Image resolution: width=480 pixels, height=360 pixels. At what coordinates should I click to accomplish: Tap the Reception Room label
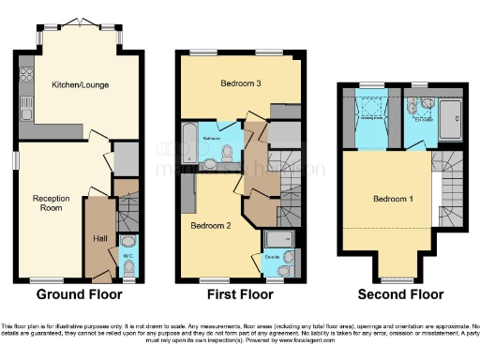(x=52, y=204)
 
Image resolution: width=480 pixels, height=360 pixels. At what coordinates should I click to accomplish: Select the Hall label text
(x=99, y=239)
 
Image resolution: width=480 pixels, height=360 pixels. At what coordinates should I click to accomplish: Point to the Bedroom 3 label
(x=240, y=84)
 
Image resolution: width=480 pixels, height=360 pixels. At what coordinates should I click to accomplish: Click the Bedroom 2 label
(x=211, y=226)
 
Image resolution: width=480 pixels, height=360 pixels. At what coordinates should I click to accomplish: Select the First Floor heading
(x=241, y=294)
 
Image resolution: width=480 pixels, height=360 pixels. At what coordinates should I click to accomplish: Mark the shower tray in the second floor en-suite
(x=456, y=120)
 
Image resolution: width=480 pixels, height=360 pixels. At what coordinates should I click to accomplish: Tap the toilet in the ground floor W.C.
(x=129, y=267)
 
